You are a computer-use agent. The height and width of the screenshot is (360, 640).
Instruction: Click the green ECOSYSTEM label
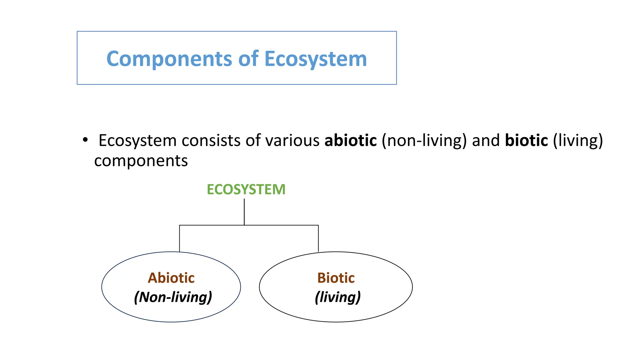(x=246, y=189)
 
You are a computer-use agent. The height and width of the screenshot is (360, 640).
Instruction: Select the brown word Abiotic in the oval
(x=171, y=278)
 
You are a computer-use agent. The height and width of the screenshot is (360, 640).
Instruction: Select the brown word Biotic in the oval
(x=336, y=278)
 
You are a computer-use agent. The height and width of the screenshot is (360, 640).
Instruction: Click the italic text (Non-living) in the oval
(x=173, y=297)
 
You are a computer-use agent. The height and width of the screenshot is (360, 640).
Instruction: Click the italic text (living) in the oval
(x=337, y=297)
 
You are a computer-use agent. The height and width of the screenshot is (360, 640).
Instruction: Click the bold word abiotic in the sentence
(x=351, y=140)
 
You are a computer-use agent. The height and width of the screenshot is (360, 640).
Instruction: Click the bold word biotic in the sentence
(x=526, y=140)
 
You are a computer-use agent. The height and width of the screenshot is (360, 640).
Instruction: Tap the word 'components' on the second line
(x=141, y=161)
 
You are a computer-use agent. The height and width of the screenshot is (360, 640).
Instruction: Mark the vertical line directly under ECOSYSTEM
(x=244, y=212)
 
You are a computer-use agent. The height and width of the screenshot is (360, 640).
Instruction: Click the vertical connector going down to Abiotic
(x=179, y=238)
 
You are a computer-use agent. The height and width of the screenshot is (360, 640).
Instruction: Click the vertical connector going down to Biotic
(x=318, y=238)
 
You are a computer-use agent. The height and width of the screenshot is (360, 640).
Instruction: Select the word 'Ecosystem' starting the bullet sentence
(x=137, y=140)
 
